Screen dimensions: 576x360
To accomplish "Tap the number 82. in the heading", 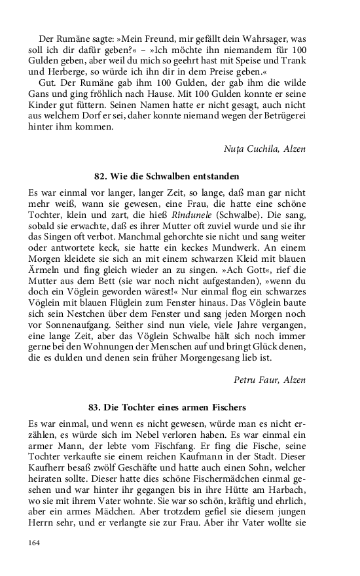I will click(x=102, y=176).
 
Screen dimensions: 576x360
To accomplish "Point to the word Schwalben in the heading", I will click(x=169, y=176).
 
